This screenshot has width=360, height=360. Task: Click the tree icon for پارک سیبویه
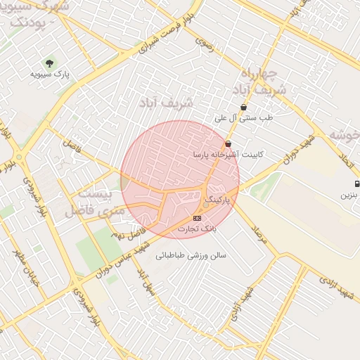point(49,63)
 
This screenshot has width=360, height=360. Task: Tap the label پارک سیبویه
point(50,73)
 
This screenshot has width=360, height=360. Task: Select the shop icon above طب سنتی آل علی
point(243,108)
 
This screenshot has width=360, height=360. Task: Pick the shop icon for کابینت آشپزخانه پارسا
point(228,143)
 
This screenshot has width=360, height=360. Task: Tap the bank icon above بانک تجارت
point(196,219)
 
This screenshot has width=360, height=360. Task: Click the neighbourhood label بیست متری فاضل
point(97,202)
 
